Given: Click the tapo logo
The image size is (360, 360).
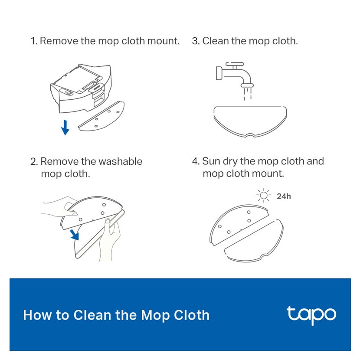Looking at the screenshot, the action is [311, 315].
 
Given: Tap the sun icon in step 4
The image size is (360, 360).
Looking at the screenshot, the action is [264, 196].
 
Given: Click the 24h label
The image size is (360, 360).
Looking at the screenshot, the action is [284, 196].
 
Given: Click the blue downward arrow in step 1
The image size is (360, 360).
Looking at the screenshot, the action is [65, 128].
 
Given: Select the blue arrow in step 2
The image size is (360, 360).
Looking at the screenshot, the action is [75, 235].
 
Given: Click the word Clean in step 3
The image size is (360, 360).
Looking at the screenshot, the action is [216, 41].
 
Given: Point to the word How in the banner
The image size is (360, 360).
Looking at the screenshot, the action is [37, 315].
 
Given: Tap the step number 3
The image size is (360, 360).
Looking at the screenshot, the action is [196, 41].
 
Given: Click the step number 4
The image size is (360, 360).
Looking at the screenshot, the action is [196, 161].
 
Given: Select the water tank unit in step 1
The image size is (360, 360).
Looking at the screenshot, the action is [81, 88].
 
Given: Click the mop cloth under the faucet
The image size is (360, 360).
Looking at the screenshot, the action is [250, 122].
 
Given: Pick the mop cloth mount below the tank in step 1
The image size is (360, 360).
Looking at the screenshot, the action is [101, 116].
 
